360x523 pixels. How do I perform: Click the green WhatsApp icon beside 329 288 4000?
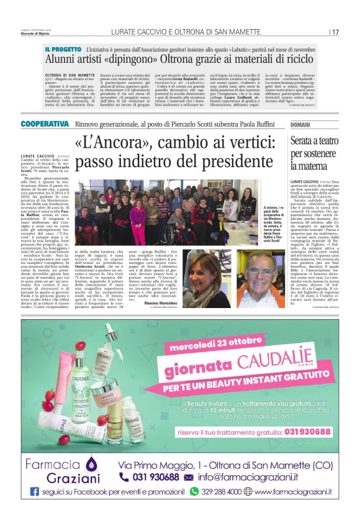click(x=195, y=491)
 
